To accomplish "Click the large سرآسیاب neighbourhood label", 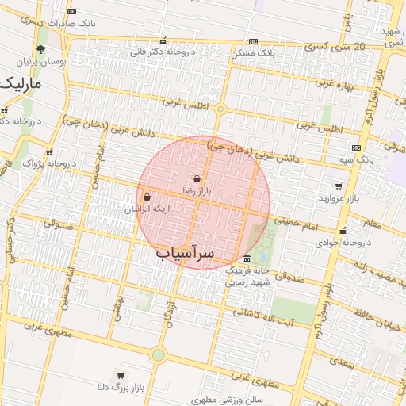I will click(x=185, y=253).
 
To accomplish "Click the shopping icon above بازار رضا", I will click(x=195, y=180).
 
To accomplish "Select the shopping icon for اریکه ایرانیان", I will click(x=147, y=197).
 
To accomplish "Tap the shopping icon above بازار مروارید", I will click(x=339, y=186).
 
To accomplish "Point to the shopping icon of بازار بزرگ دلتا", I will click(x=120, y=375).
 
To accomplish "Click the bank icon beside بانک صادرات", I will click(x=72, y=12).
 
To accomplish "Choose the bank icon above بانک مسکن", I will click(x=253, y=41).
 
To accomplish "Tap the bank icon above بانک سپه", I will click(x=355, y=147).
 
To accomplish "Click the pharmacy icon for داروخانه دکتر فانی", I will click(x=163, y=40).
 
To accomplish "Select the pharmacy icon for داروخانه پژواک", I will click(x=49, y=152).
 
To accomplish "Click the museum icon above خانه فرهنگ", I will click(x=247, y=260).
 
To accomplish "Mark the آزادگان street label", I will click(x=170, y=316).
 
